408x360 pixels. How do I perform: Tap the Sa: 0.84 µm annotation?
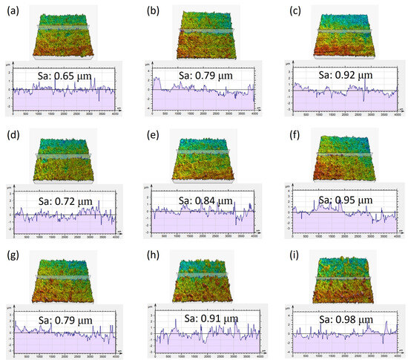[x=200, y=197]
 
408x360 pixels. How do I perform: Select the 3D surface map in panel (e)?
[x=202, y=157]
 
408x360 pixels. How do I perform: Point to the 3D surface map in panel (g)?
[x=62, y=278]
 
